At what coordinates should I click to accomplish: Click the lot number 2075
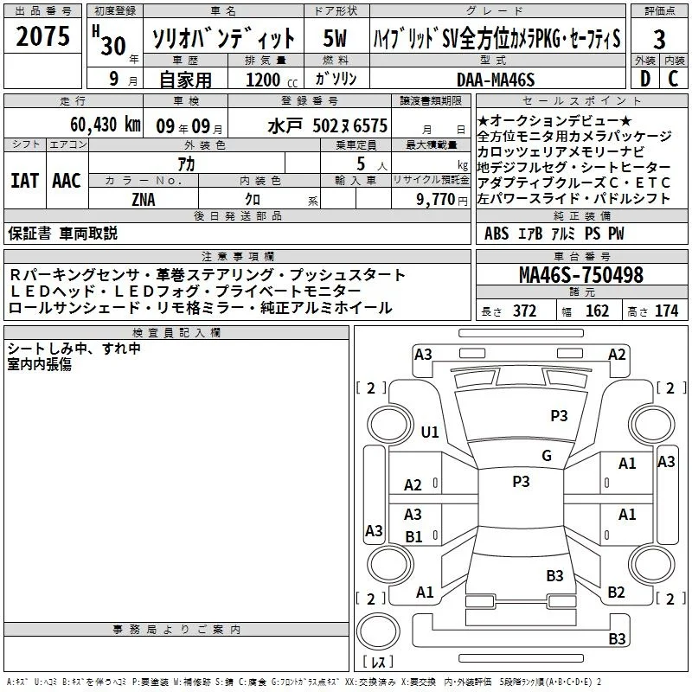(x=42, y=36)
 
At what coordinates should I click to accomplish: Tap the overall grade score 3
(x=659, y=39)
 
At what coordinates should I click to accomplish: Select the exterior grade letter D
(x=645, y=79)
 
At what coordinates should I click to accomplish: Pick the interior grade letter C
(x=673, y=79)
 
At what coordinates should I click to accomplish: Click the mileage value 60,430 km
(x=106, y=125)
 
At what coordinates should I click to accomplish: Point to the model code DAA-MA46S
(x=496, y=80)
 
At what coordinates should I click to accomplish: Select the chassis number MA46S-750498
(x=581, y=275)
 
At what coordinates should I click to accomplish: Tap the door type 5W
(x=335, y=38)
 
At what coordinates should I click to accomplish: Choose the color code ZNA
(x=144, y=200)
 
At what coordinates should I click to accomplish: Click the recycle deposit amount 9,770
(x=436, y=200)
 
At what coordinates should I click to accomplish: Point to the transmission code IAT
(x=24, y=181)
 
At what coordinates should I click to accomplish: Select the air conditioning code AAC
(x=67, y=181)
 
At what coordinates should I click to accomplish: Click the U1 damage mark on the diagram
(x=430, y=432)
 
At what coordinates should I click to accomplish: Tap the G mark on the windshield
(x=547, y=456)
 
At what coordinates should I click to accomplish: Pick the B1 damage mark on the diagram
(x=414, y=536)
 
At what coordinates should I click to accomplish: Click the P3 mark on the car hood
(x=559, y=415)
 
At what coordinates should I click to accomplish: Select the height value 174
(x=666, y=311)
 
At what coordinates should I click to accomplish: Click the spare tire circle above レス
(x=378, y=631)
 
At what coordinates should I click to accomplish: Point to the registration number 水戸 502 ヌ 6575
(x=328, y=125)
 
